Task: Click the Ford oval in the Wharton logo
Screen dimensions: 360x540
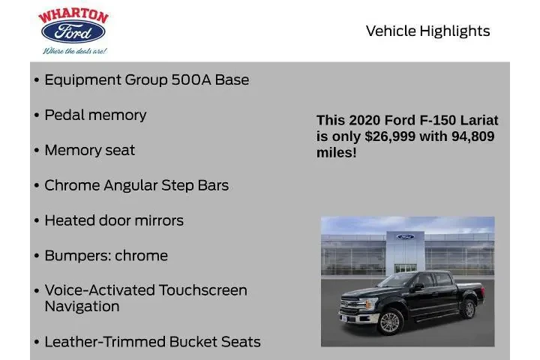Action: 73,32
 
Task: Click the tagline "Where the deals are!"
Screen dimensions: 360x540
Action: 73,51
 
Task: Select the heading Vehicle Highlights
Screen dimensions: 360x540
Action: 427,31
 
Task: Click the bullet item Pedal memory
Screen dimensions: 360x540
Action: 95,115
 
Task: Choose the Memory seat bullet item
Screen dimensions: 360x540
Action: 89,150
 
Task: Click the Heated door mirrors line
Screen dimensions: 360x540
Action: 113,220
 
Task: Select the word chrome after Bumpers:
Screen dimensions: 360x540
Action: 141,256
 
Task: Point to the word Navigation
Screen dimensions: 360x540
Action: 82,307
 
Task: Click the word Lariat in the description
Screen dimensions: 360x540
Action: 480,120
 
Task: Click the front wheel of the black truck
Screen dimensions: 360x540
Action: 389,321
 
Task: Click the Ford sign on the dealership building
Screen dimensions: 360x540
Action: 405,237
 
